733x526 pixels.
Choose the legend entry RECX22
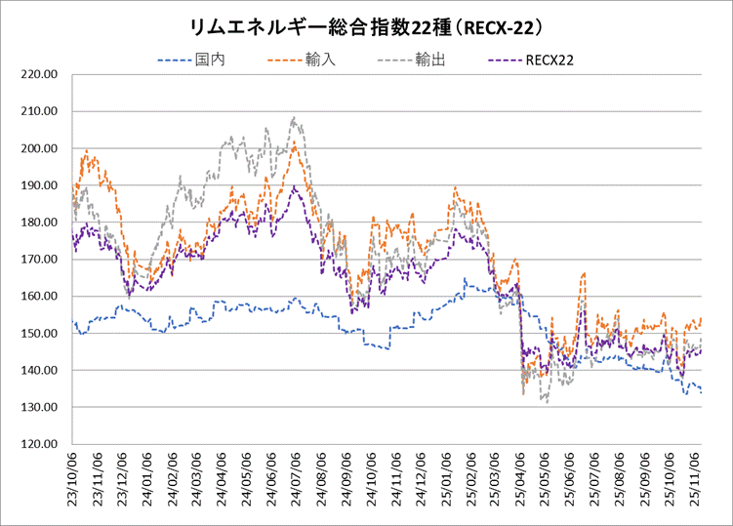click(x=549, y=61)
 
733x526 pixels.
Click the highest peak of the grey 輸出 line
click(x=293, y=118)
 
